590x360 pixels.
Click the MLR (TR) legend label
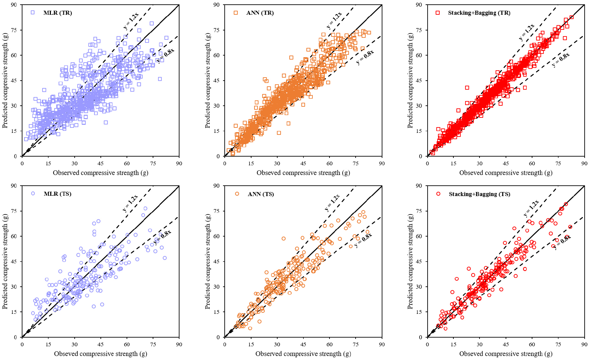coord(58,13)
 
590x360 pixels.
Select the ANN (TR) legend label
coord(260,13)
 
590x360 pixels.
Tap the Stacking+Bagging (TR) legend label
coord(479,13)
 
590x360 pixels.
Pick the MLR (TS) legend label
coord(58,194)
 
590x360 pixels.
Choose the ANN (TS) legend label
coord(261,194)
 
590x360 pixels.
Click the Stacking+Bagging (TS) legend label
coord(480,194)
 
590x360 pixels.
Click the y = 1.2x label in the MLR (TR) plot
coord(131,21)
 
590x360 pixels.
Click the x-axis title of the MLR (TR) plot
coord(100,173)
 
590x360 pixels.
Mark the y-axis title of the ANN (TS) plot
coord(208,262)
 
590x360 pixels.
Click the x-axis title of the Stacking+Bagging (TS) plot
coord(506,354)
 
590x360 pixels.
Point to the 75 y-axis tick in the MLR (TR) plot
coord(14,30)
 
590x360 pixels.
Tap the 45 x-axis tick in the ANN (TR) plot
coord(303,164)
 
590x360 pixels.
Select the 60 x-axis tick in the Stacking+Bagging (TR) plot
coord(532,164)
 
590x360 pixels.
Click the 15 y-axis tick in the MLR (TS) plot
coord(14,312)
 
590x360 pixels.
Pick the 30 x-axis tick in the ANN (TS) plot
coord(277,345)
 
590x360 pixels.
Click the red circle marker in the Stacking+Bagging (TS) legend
coord(438,194)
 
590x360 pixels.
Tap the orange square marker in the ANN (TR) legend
coord(236,13)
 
